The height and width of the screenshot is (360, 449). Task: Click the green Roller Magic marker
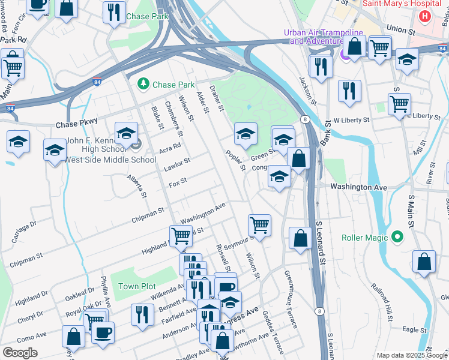pyautogui.click(x=396, y=238)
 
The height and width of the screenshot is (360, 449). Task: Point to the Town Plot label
pyautogui.click(x=137, y=286)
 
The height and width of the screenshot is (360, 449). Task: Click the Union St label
pyautogui.click(x=401, y=28)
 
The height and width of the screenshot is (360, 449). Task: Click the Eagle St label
pyautogui.click(x=414, y=329)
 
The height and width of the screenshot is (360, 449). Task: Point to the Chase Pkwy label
pyautogui.click(x=76, y=125)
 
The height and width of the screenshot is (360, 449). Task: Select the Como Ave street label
pyautogui.click(x=32, y=335)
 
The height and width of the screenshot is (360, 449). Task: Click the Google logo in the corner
pyautogui.click(x=20, y=353)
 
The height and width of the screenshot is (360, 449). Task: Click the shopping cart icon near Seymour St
pyautogui.click(x=259, y=226)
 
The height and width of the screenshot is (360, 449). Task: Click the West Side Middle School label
pyautogui.click(x=110, y=160)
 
